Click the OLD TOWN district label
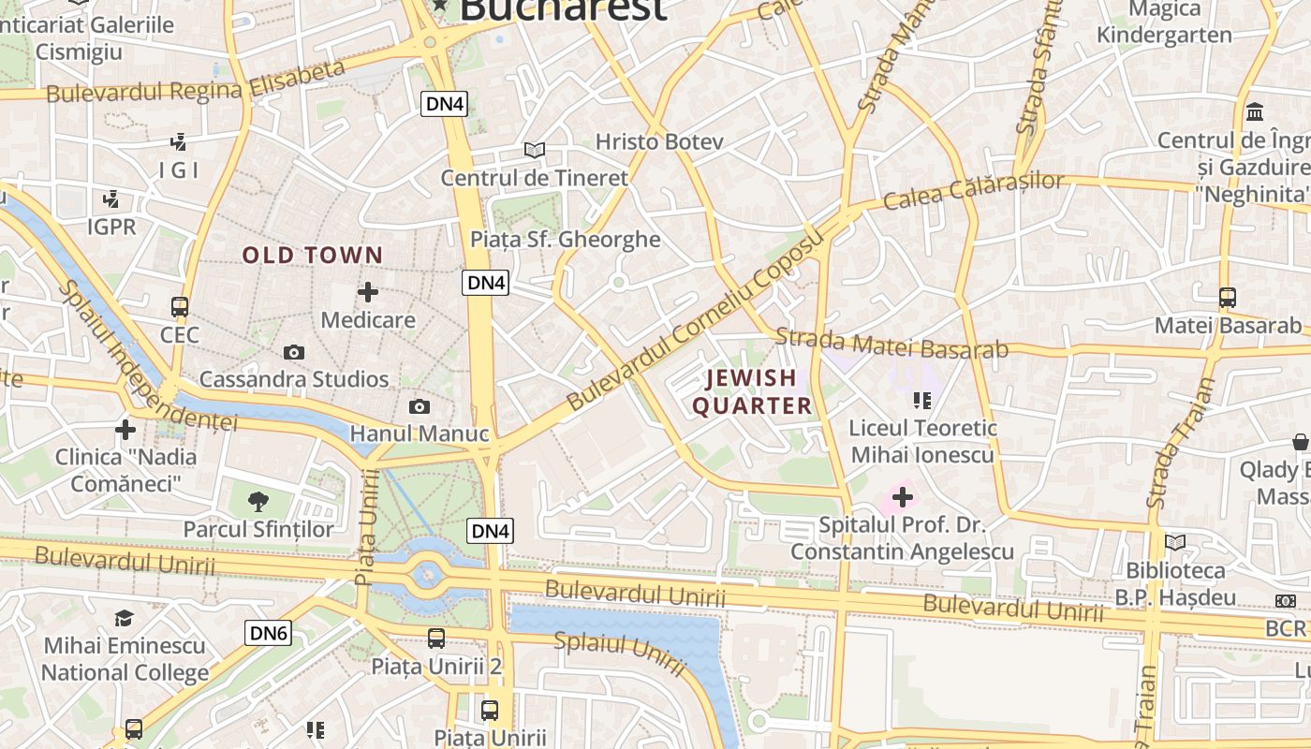click(313, 255)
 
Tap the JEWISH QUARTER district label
click(752, 392)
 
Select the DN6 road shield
click(269, 633)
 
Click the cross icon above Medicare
click(368, 292)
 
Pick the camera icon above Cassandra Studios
click(294, 352)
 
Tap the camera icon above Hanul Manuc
click(420, 406)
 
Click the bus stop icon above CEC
click(180, 306)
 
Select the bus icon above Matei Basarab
click(1228, 298)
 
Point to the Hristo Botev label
click(660, 142)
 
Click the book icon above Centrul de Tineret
click(535, 150)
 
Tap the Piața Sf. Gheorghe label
click(566, 240)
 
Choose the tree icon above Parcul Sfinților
click(258, 501)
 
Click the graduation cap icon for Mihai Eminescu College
click(124, 618)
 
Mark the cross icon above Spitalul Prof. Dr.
click(903, 496)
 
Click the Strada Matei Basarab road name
click(891, 344)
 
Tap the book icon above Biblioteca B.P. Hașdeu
click(1175, 542)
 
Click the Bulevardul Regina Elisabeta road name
click(196, 82)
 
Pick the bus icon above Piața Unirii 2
click(436, 639)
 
